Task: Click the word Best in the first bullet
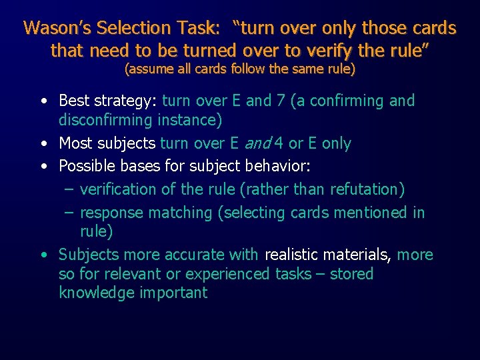[74, 101]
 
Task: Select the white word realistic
[291, 255]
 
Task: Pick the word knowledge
[96, 293]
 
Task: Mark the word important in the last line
[173, 293]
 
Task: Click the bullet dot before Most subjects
[43, 143]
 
